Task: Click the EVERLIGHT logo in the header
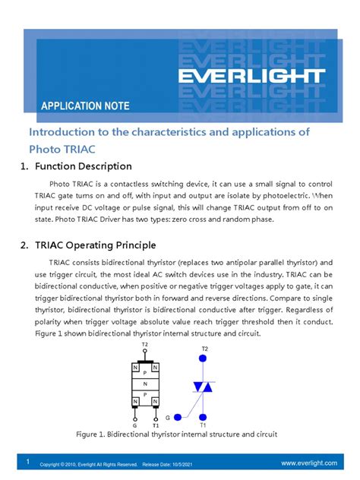coord(251,77)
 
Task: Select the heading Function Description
coord(88,166)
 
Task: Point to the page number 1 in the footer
coord(27,462)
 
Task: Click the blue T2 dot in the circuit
coord(203,358)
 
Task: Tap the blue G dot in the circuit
coord(178,416)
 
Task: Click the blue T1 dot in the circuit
coord(203,416)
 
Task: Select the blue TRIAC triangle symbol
coord(203,387)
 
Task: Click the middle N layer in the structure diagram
coord(145,384)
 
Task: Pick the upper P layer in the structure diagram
coord(145,373)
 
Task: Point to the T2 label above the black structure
coord(144,345)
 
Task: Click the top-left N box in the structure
coord(135,368)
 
